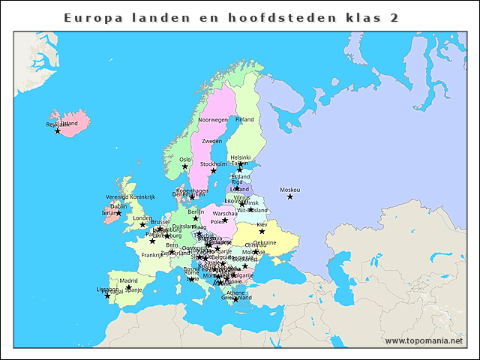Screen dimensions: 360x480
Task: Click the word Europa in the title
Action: (x=91, y=17)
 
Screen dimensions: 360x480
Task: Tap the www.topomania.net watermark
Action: (x=424, y=340)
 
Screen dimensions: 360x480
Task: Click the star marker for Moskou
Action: (x=290, y=196)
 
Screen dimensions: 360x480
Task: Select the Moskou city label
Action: (x=289, y=190)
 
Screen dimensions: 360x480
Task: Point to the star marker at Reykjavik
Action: (x=58, y=131)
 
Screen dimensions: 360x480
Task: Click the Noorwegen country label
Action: (x=213, y=120)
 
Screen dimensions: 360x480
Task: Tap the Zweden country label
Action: (x=212, y=141)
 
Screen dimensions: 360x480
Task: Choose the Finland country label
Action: (x=244, y=119)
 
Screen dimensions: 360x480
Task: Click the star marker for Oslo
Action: (x=184, y=166)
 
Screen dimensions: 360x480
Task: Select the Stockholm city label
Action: (x=214, y=164)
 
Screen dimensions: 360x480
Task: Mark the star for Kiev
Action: (x=262, y=231)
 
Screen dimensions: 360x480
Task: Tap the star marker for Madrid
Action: (x=128, y=287)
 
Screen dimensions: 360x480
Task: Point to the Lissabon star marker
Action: (x=107, y=295)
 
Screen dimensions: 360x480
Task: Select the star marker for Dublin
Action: (x=118, y=213)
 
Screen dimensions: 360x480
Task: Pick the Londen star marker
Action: (x=142, y=224)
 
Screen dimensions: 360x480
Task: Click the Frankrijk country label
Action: (x=152, y=255)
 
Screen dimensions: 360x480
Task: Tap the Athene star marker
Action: (x=235, y=299)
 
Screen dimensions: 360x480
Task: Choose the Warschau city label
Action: (x=226, y=214)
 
